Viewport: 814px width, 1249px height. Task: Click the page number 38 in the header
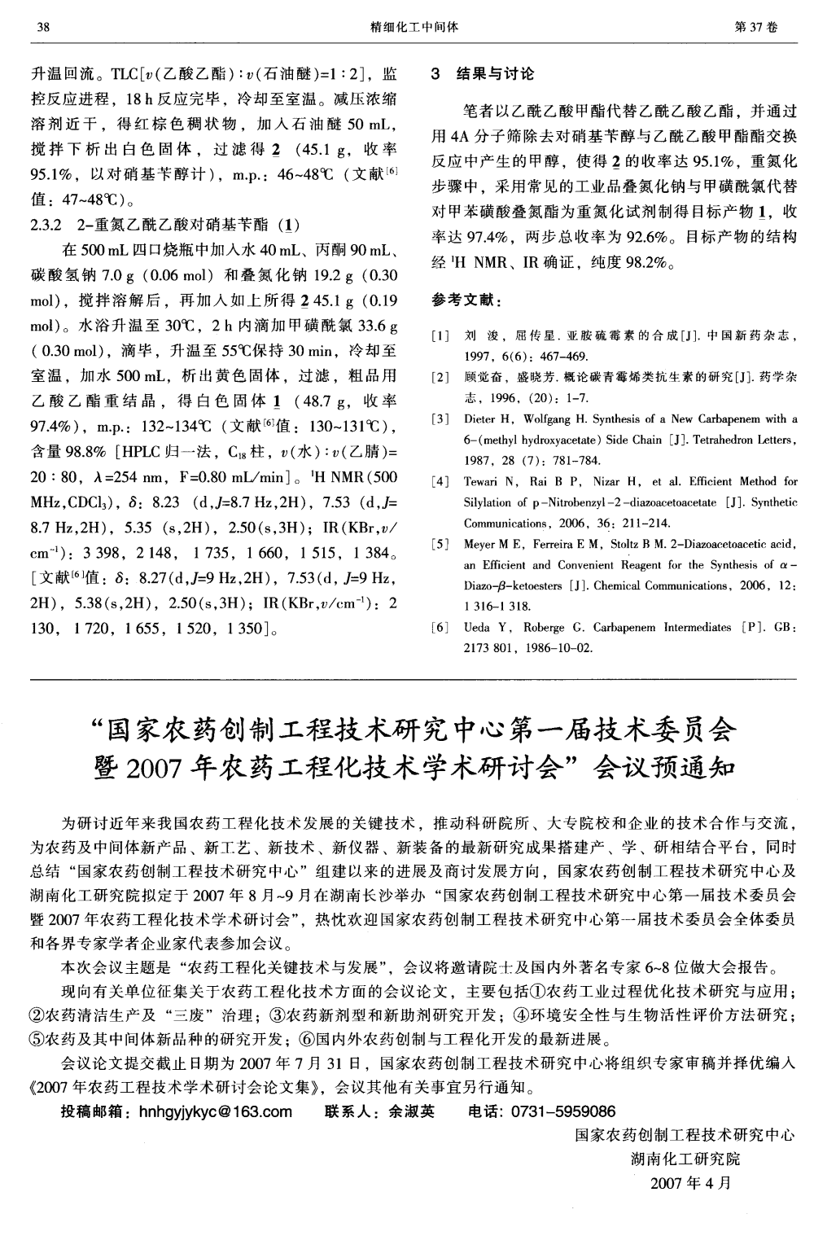(x=43, y=27)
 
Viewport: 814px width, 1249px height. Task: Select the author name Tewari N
(x=486, y=482)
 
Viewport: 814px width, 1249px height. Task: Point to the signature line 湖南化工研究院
(x=686, y=1158)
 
